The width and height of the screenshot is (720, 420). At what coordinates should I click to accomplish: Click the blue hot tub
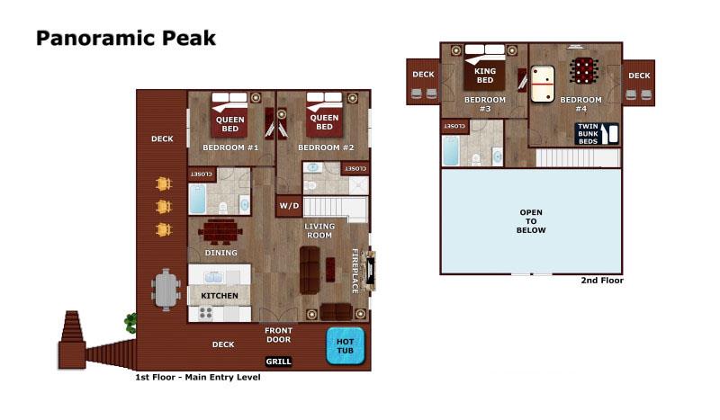346,345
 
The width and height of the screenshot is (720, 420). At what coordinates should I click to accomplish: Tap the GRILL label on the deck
278,362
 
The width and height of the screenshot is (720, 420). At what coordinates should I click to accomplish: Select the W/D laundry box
289,206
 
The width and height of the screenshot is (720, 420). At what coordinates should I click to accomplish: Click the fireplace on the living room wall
368,271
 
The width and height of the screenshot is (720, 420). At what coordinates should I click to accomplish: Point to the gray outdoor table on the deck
166,290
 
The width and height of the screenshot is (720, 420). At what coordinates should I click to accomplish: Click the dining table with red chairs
220,231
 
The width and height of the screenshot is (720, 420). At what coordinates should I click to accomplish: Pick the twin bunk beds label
588,134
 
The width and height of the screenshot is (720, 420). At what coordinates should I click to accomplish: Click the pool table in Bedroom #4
543,84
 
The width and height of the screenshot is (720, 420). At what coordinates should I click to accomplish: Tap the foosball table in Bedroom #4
583,71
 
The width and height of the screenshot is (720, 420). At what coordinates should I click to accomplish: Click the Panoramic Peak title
126,38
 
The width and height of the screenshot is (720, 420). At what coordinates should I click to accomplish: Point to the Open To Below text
531,221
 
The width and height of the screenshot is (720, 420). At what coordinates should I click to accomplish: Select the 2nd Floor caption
602,280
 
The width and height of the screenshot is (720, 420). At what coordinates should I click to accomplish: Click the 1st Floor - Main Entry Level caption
197,377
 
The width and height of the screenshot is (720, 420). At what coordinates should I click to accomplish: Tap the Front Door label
278,335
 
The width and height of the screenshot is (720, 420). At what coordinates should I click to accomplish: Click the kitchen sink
213,277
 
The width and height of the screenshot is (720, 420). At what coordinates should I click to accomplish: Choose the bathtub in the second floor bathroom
451,150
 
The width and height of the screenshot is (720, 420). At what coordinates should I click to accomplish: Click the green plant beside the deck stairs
130,323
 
